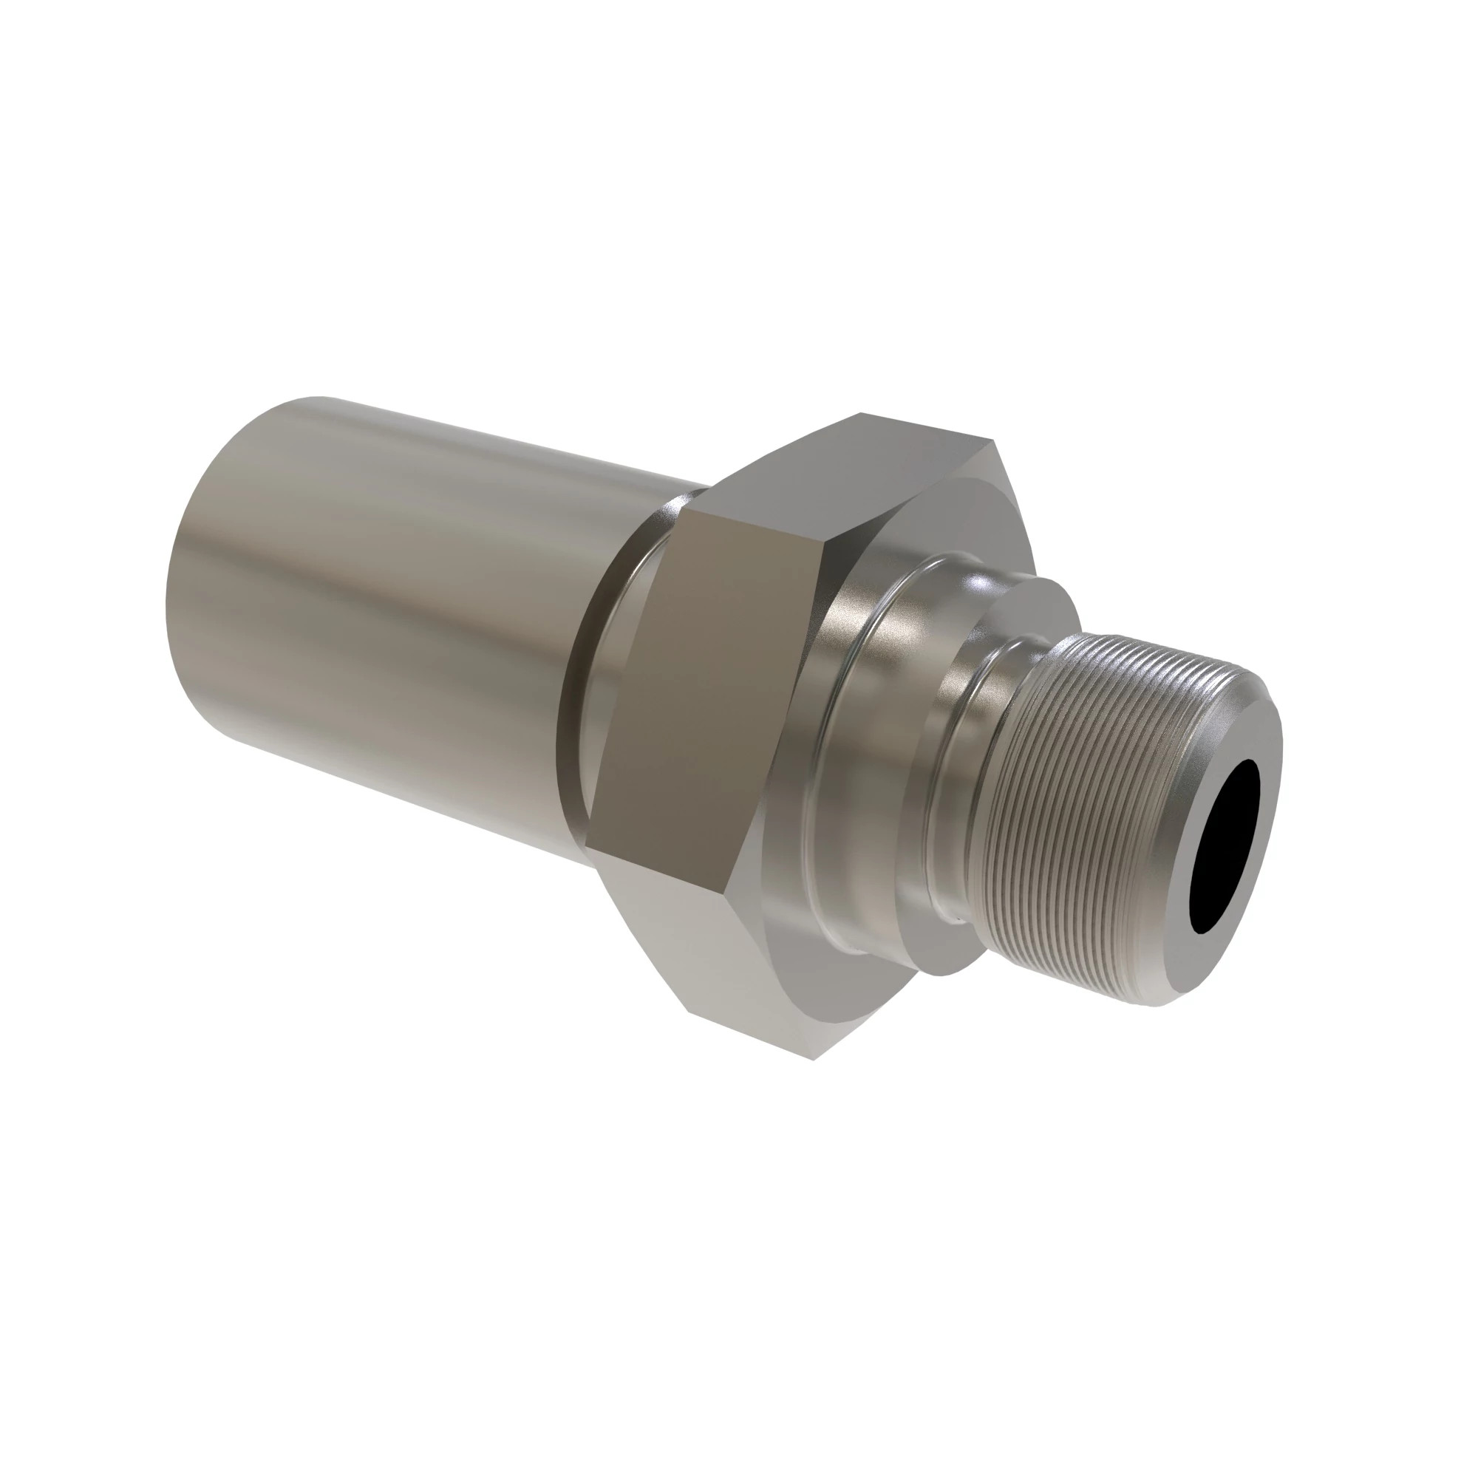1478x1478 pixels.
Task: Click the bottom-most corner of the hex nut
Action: tap(814, 1059)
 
